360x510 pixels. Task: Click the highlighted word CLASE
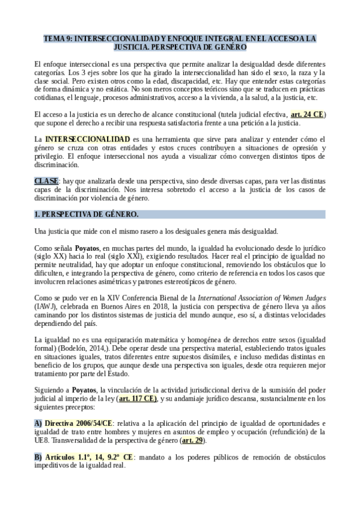(46, 180)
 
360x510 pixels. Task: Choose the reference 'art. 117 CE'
(137, 398)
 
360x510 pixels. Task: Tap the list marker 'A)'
(38, 423)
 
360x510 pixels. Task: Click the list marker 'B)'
(38, 457)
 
